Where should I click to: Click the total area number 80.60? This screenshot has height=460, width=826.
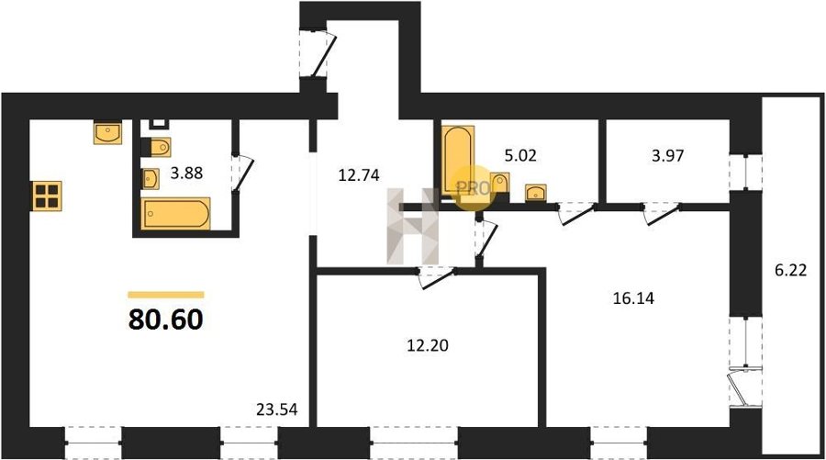point(165,319)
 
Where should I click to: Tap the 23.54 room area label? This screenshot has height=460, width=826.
point(276,409)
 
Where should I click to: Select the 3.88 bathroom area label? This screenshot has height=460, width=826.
point(186,173)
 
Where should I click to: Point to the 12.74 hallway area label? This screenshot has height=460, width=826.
point(359,174)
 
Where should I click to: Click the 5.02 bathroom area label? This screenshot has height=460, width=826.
point(520,155)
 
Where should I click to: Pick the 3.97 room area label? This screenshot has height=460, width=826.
point(668,156)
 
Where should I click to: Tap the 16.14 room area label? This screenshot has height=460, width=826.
point(633,298)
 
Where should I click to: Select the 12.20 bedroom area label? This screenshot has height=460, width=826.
point(428,345)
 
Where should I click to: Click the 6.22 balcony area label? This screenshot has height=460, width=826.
point(791,270)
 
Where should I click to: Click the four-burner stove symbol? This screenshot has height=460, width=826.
point(47,196)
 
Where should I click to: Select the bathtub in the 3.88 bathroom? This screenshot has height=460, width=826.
point(175,213)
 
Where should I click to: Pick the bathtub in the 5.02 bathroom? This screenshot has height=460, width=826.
point(458,160)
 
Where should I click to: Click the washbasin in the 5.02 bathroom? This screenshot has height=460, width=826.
point(536,192)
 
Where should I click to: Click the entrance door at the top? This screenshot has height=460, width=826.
point(318,53)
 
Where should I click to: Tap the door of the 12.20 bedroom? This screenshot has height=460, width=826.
point(437,277)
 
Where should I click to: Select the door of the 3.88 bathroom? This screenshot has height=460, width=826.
point(241,173)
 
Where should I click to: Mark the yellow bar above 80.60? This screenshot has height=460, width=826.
point(166,295)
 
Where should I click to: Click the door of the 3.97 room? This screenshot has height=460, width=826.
point(661,213)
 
